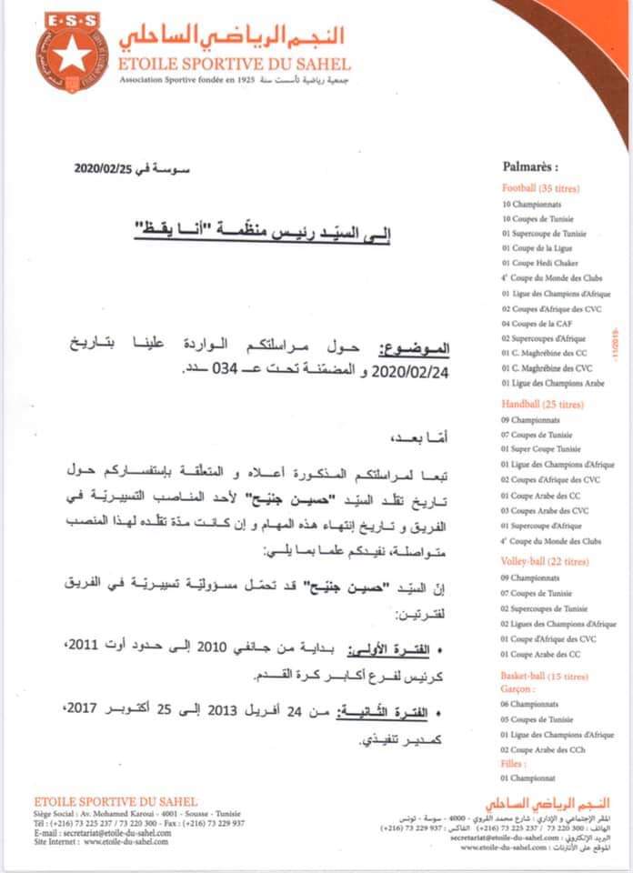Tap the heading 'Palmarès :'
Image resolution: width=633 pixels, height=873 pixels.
(x=529, y=167)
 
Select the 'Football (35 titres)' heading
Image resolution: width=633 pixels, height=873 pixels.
(x=540, y=188)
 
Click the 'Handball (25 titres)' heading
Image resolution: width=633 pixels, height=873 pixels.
(x=542, y=403)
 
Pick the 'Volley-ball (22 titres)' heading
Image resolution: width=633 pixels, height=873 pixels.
(x=544, y=561)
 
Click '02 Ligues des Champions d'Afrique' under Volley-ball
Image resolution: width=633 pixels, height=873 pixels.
(x=558, y=623)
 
